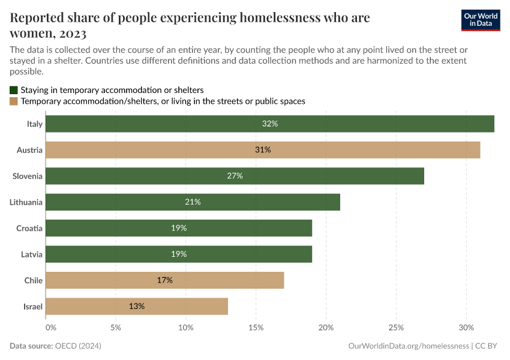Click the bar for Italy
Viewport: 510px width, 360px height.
pyautogui.click(x=269, y=124)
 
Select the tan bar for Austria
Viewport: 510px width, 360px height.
pyautogui.click(x=262, y=150)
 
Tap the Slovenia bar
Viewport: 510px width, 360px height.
pyautogui.click(x=235, y=176)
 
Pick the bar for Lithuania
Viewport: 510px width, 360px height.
pyautogui.click(x=193, y=202)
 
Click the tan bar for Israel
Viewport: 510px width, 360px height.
pyautogui.click(x=137, y=307)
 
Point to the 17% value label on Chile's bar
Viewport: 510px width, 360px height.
pyautogui.click(x=165, y=280)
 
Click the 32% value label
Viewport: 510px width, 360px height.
pyautogui.click(x=270, y=124)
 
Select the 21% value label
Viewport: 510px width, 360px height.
pyautogui.click(x=193, y=202)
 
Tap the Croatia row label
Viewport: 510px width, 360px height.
pyautogui.click(x=29, y=228)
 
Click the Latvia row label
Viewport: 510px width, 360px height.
pyautogui.click(x=31, y=254)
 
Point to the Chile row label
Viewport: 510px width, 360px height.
pyautogui.click(x=33, y=280)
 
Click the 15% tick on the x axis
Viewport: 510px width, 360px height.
pyautogui.click(x=256, y=328)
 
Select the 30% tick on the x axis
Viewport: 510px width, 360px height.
pyautogui.click(x=466, y=328)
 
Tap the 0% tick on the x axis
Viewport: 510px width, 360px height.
pyautogui.click(x=51, y=328)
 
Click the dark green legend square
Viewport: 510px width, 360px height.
pyautogui.click(x=14, y=90)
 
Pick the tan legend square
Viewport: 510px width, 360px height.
pyautogui.click(x=14, y=101)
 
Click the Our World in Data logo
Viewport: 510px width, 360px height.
pyautogui.click(x=480, y=20)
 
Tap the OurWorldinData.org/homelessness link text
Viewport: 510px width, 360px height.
pyautogui.click(x=408, y=346)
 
